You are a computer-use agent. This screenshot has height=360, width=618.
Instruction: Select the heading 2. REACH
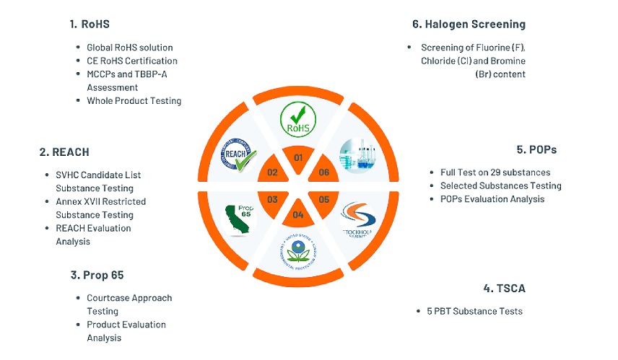(x=64, y=152)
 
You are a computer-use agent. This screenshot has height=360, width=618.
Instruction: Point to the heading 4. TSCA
(x=504, y=289)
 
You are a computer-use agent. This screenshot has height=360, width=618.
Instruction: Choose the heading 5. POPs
(x=536, y=150)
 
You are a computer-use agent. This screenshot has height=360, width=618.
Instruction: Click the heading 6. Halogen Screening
(x=469, y=25)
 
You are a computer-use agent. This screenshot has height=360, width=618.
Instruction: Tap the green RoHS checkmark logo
(x=298, y=118)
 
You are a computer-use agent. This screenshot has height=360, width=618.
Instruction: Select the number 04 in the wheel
(x=298, y=214)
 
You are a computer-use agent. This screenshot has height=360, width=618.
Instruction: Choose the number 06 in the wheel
(x=323, y=172)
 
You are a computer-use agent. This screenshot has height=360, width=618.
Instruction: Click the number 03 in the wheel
(x=273, y=200)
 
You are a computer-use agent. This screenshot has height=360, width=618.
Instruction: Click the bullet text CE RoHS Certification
(x=132, y=61)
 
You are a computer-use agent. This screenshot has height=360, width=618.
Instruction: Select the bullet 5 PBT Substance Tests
(x=473, y=311)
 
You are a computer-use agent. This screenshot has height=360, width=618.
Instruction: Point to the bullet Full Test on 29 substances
(x=495, y=172)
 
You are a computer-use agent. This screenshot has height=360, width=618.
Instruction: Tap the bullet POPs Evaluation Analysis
(x=492, y=198)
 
